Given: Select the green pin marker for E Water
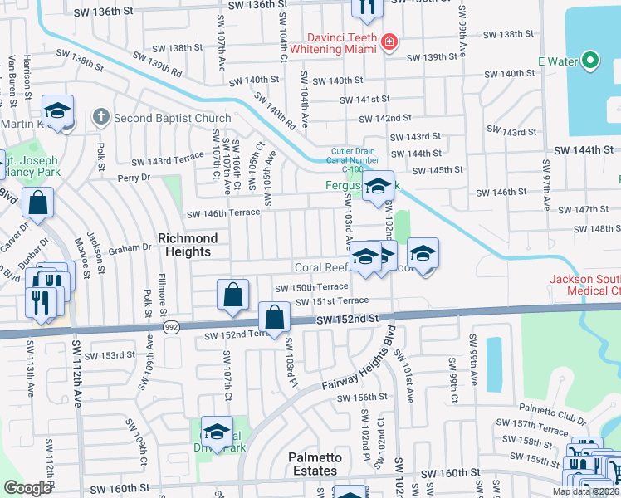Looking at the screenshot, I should [589, 60].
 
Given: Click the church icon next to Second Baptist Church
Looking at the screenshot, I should [101, 117].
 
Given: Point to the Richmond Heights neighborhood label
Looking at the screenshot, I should [188, 245].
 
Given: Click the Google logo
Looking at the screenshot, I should [27, 488].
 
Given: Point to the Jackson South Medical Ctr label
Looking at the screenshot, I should [584, 285].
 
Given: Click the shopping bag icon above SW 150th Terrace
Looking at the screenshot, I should [232, 295].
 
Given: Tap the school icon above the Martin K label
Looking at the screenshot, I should [58, 111].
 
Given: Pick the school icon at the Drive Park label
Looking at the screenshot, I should [217, 432].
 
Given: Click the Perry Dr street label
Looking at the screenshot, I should [134, 178].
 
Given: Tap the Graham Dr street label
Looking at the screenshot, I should [128, 247].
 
